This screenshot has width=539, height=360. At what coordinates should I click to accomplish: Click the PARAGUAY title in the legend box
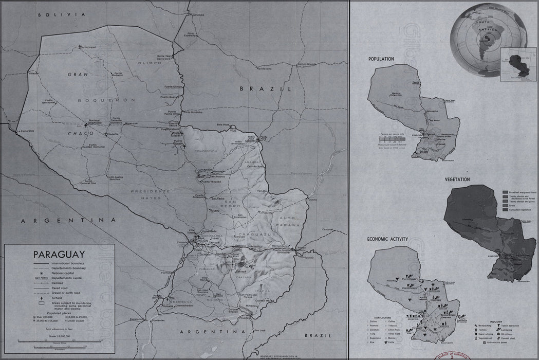[59, 254]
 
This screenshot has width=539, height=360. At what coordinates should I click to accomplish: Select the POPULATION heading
[381, 59]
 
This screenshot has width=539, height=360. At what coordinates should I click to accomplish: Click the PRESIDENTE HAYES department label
[149, 194]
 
